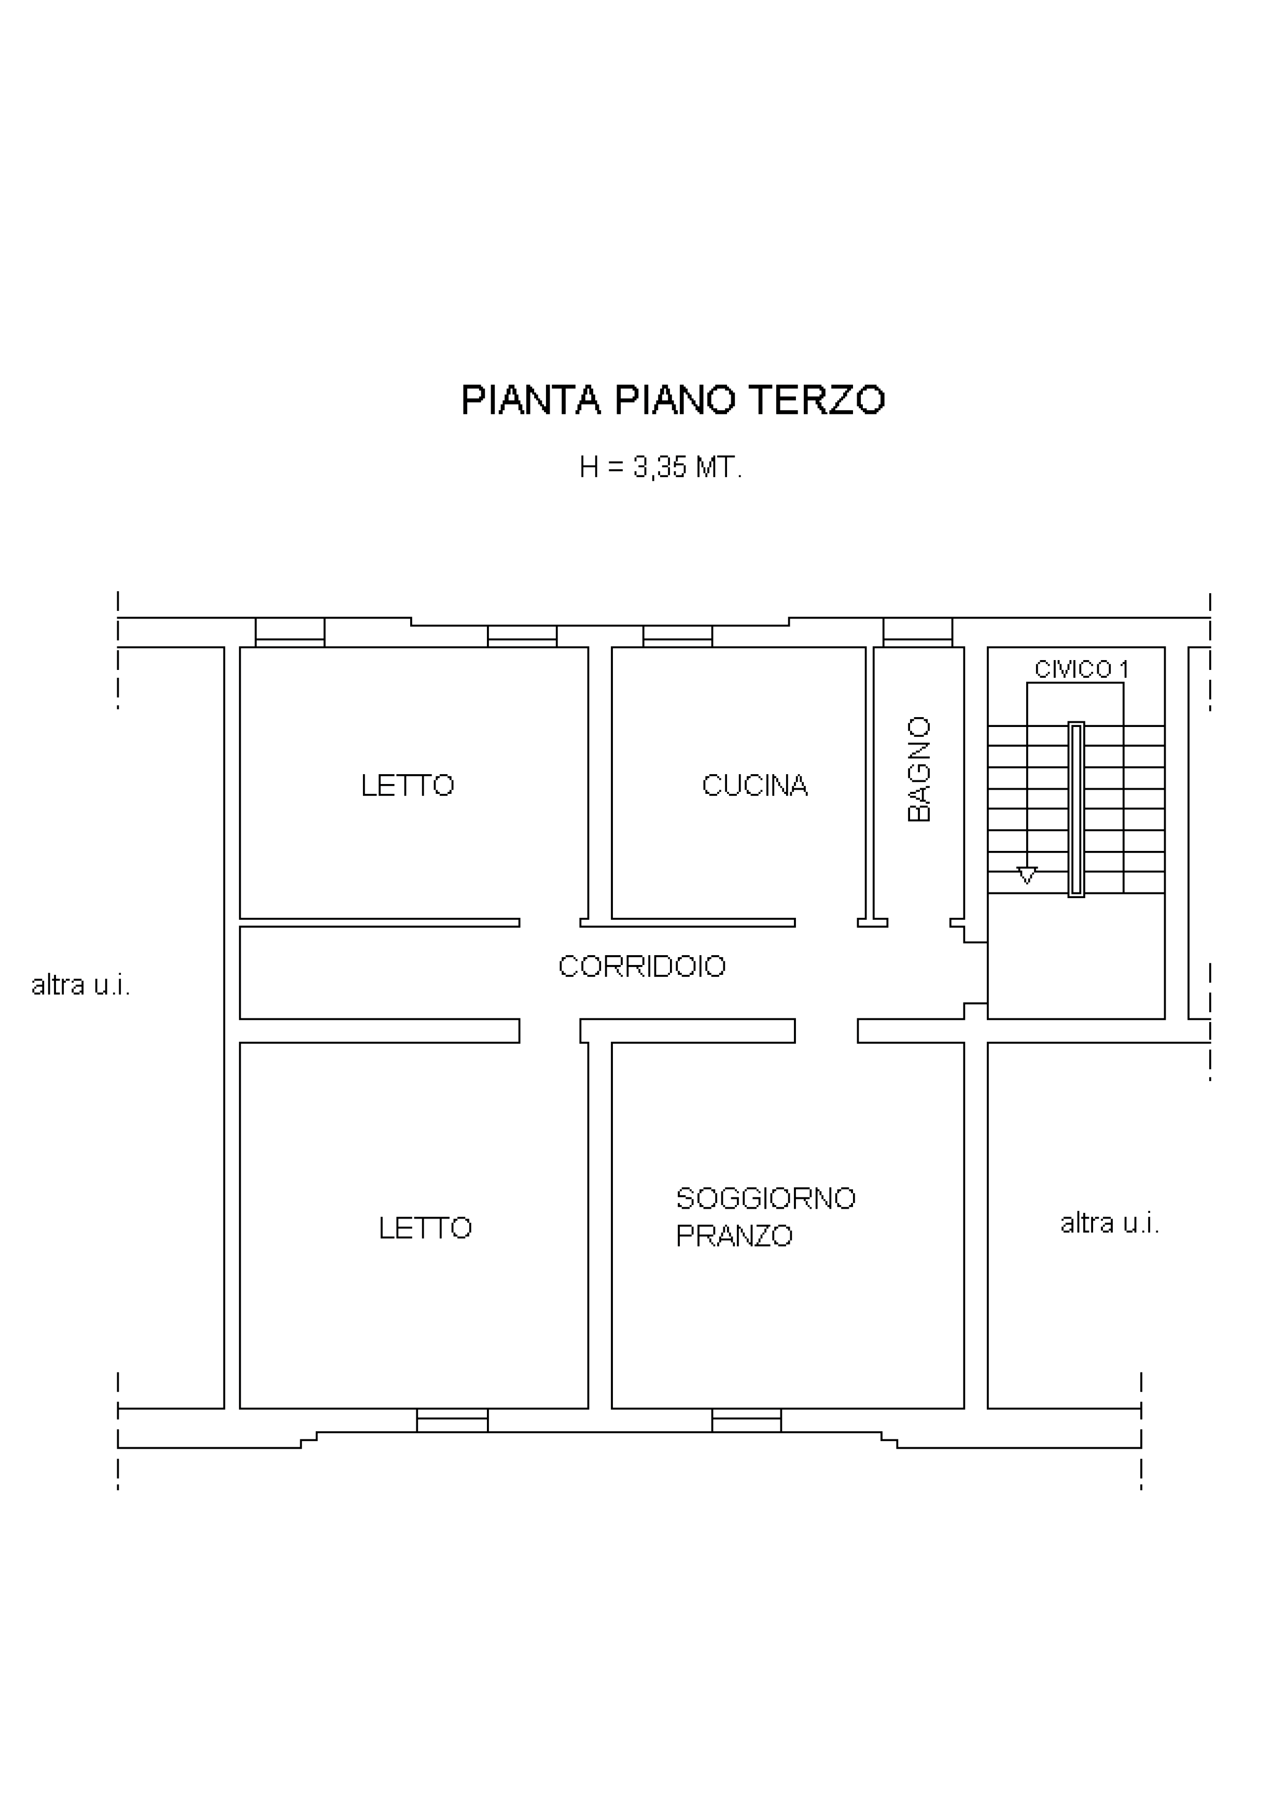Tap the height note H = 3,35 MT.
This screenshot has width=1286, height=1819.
click(661, 468)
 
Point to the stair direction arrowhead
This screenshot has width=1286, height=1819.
click(1027, 875)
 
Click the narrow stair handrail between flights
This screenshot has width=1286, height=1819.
click(1076, 809)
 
